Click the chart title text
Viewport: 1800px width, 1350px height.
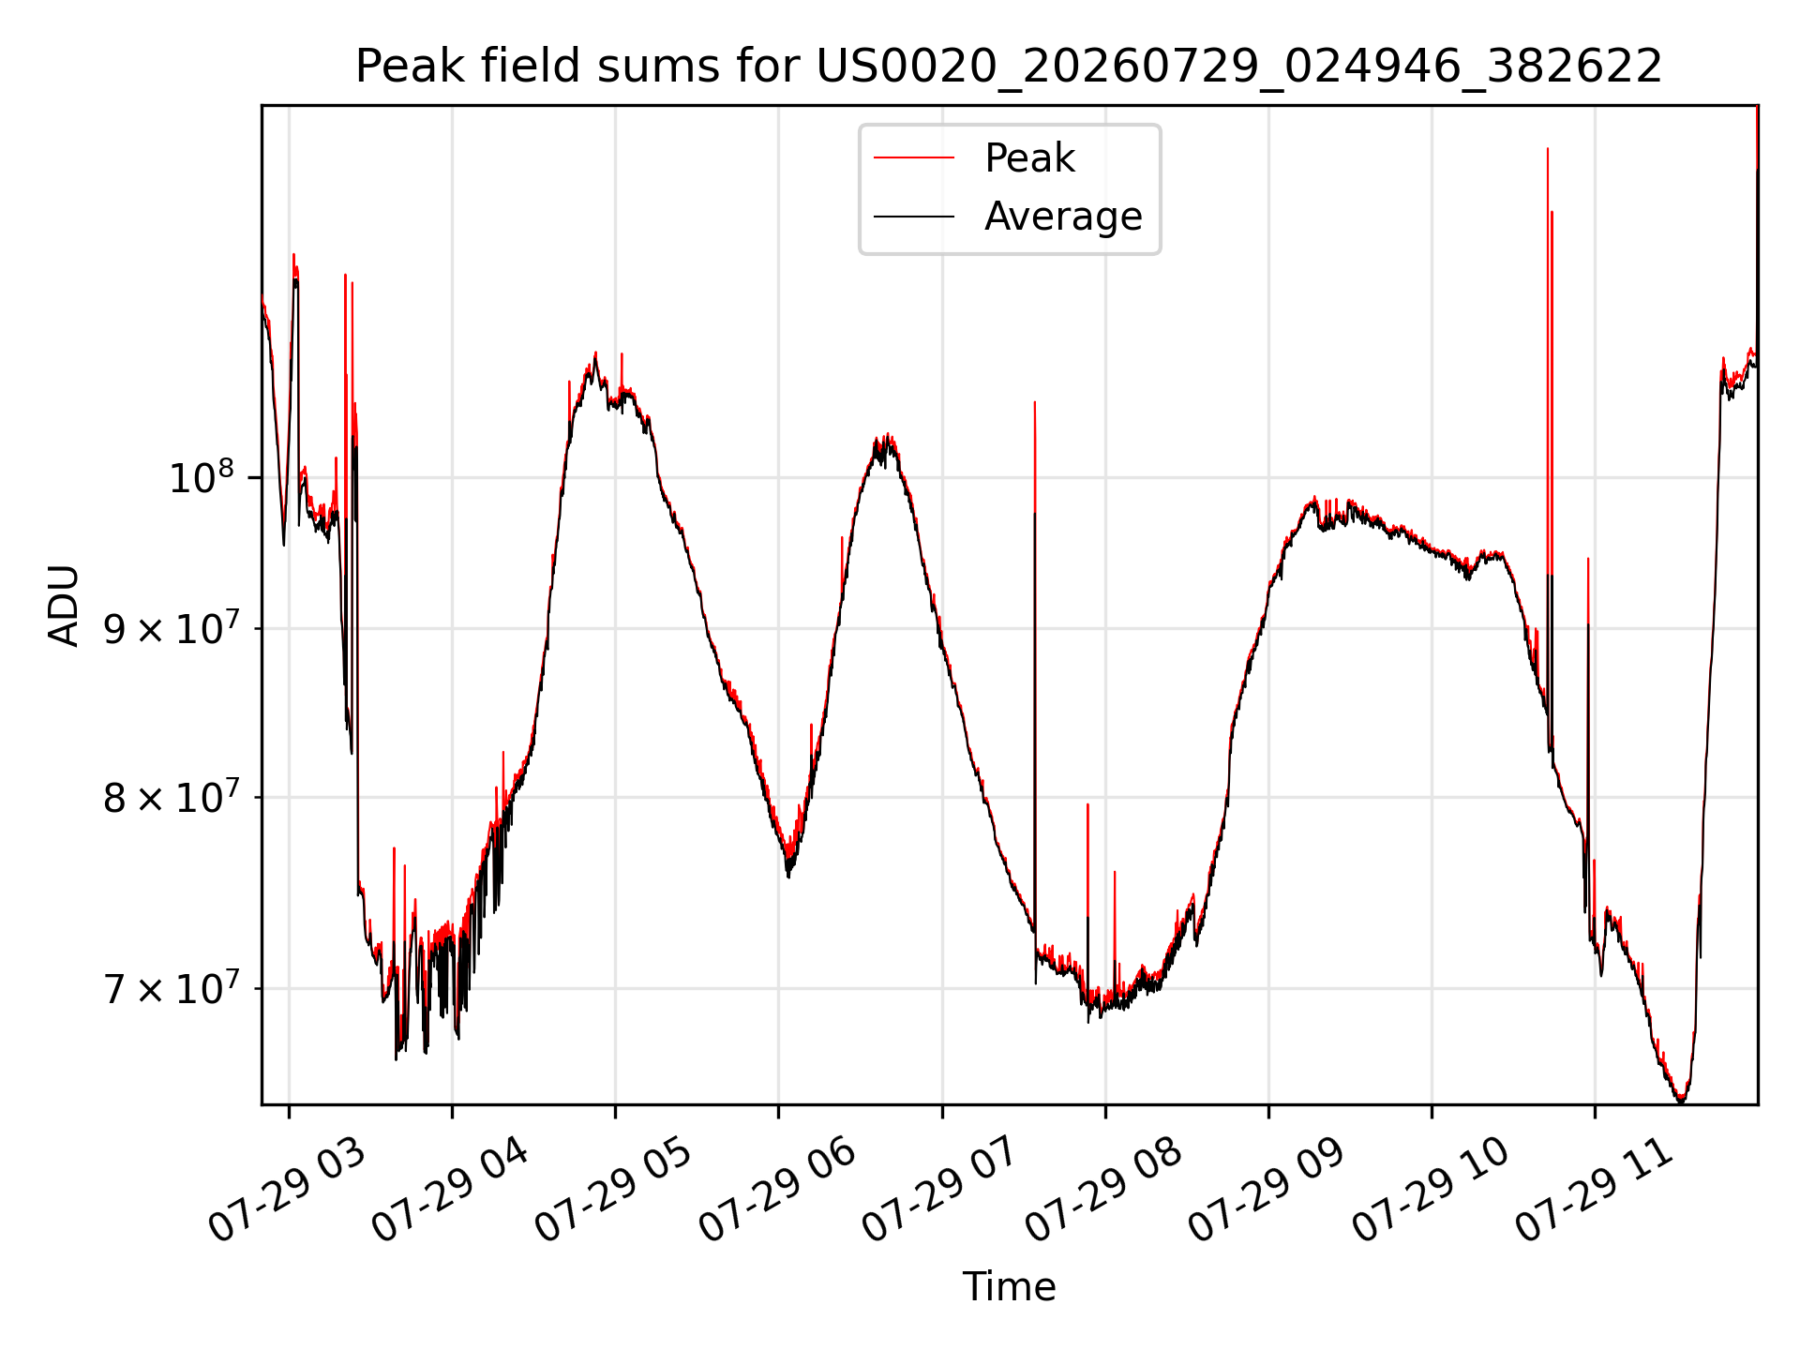pyautogui.click(x=1009, y=67)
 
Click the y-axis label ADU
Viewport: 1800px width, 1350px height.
pyautogui.click(x=64, y=606)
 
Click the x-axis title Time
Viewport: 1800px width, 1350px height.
pyautogui.click(x=1009, y=1287)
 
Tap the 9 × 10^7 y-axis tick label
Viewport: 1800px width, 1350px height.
pyautogui.click(x=169, y=628)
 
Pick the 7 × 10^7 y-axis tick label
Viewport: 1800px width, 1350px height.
pyautogui.click(x=169, y=987)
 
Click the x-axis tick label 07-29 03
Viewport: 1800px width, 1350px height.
pyautogui.click(x=288, y=1189)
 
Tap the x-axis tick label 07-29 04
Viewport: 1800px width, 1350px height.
pyautogui.click(x=451, y=1189)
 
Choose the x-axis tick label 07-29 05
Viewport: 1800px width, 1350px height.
pyautogui.click(x=614, y=1189)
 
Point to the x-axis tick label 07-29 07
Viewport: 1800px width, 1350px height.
pyautogui.click(x=941, y=1189)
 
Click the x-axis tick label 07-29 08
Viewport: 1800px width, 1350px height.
pyautogui.click(x=1104, y=1189)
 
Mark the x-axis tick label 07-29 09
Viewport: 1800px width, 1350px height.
pyautogui.click(x=1267, y=1189)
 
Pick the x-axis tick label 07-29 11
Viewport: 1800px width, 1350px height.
pyautogui.click(x=1595, y=1189)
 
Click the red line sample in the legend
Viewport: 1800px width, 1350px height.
pyautogui.click(x=914, y=158)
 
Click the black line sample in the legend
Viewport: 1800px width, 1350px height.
pyautogui.click(x=914, y=217)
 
